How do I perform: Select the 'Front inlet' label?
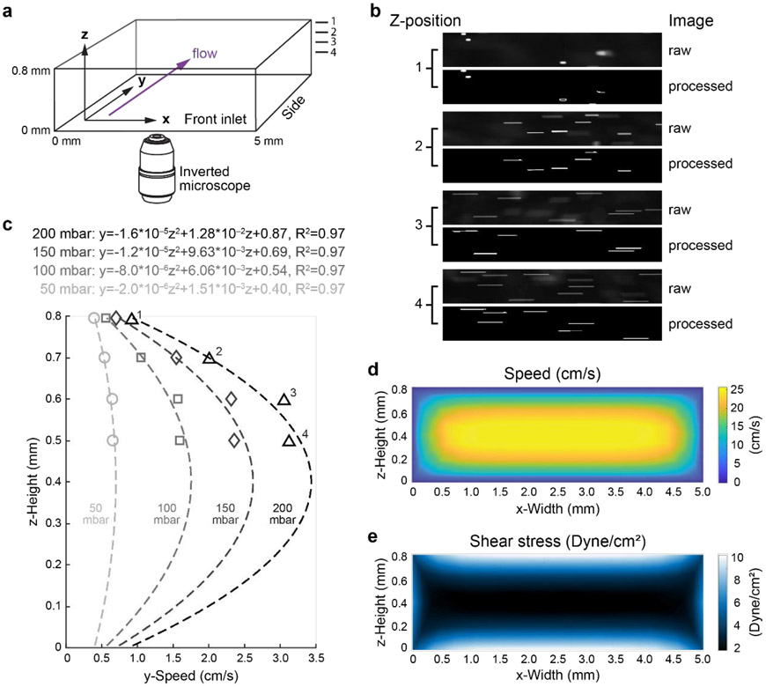coord(216,118)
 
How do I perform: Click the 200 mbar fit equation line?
coord(189,233)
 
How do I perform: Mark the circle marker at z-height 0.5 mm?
coord(112,440)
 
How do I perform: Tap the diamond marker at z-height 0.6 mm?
coord(232,399)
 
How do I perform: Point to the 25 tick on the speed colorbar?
coord(734,387)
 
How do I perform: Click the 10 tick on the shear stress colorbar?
coord(734,554)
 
